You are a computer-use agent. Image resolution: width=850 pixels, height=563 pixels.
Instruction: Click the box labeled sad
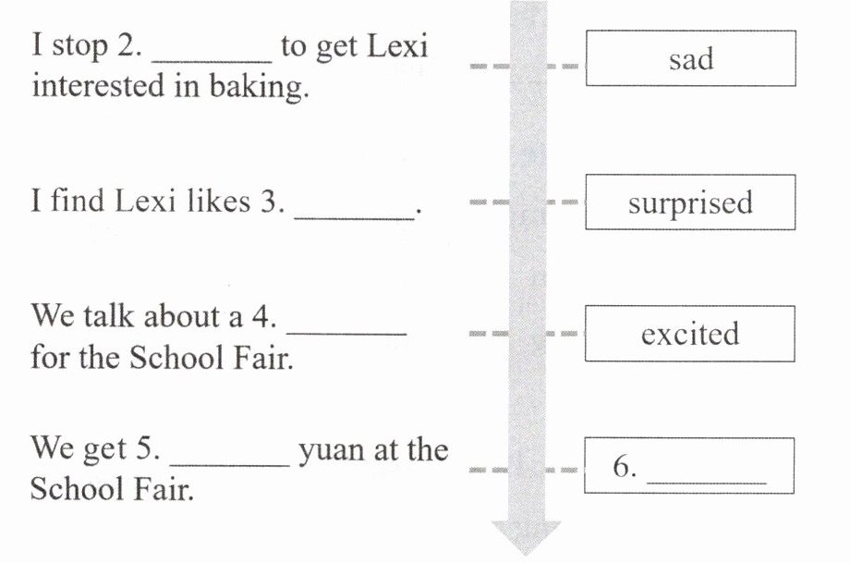coord(690,58)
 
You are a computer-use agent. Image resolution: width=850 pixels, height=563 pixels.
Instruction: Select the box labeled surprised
coord(690,202)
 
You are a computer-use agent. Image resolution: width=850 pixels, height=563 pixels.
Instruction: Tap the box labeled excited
coord(690,333)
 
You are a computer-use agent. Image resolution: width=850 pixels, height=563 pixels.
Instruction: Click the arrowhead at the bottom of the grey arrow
coord(526,537)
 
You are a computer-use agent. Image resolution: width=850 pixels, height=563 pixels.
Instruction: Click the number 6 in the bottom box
coord(625,468)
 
